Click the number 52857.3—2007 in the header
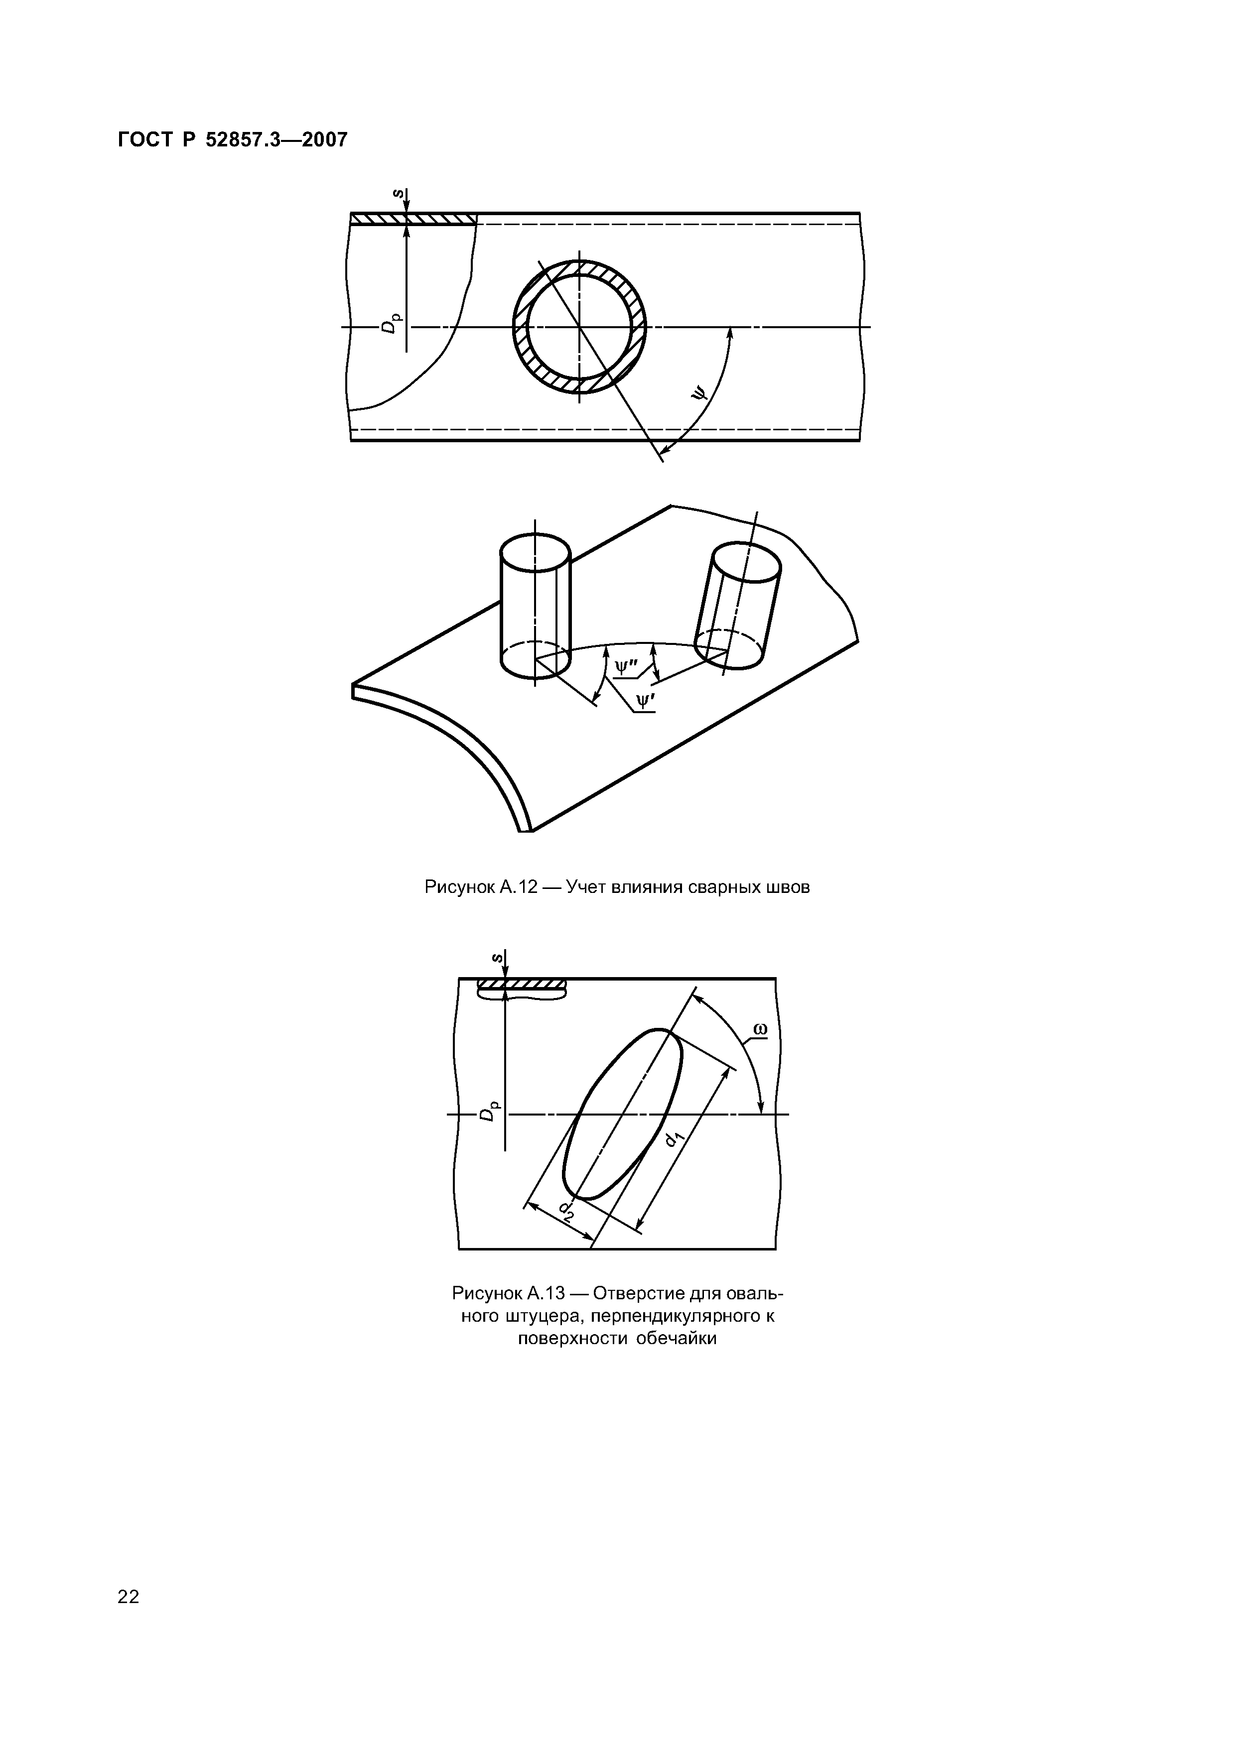[x=277, y=140]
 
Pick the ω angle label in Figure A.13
[x=759, y=1030]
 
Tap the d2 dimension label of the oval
[x=565, y=1209]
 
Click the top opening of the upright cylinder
[x=535, y=552]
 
